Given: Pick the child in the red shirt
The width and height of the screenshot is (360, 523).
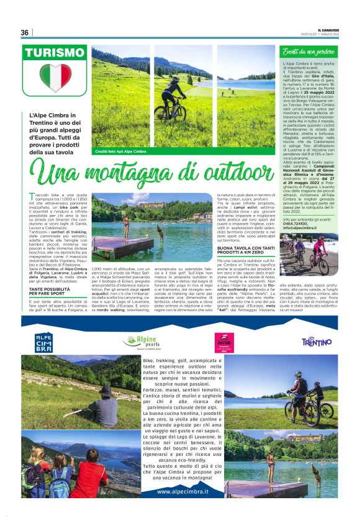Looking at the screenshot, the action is [96, 478].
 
